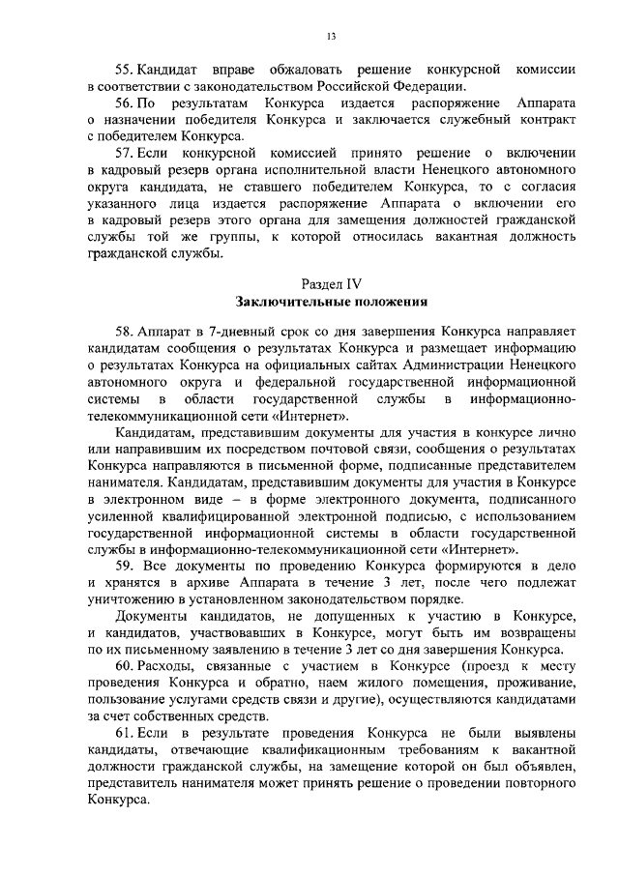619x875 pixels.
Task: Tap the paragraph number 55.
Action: tap(124, 70)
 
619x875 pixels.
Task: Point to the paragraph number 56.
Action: tap(124, 102)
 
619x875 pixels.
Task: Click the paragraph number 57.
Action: tap(124, 153)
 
